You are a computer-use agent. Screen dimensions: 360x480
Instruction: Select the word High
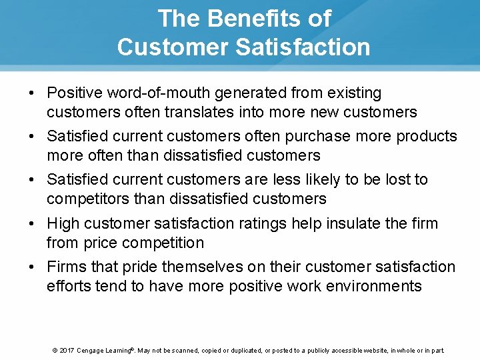[64, 223]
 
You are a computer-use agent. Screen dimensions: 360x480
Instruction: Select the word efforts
[69, 286]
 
